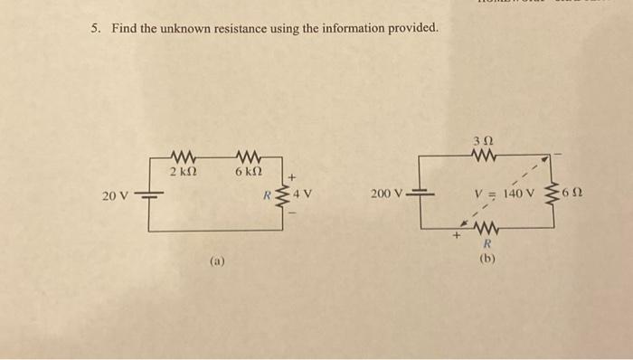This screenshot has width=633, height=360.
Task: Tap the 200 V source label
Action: pyautogui.click(x=388, y=194)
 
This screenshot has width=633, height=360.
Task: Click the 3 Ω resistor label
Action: pyautogui.click(x=483, y=141)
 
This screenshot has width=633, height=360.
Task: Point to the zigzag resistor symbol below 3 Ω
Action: pyautogui.click(x=482, y=156)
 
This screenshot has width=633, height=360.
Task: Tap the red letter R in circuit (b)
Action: pyautogui.click(x=487, y=244)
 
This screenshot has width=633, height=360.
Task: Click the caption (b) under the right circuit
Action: pyautogui.click(x=487, y=258)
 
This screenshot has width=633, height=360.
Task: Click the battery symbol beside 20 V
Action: pyautogui.click(x=148, y=194)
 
